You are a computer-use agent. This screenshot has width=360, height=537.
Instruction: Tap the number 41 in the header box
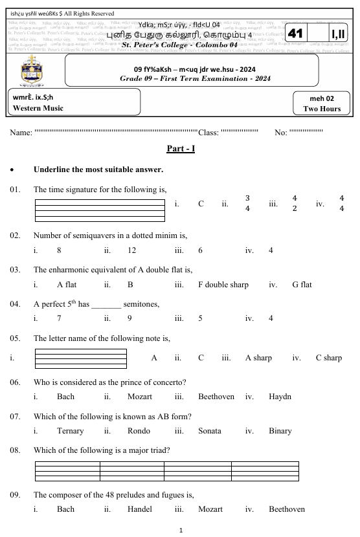coord(296,33)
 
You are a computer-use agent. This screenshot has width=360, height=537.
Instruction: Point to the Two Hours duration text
coord(322,109)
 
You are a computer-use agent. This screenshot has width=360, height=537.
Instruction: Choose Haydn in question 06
coord(280,396)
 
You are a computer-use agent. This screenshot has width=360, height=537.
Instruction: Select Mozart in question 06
coord(140,396)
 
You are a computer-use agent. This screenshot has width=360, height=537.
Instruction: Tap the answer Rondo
coord(139,430)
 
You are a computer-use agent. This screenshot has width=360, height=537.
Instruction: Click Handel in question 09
coord(141,509)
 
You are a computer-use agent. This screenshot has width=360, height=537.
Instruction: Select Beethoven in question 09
coord(287,509)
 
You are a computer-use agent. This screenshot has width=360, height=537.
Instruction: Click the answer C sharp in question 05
coord(328,357)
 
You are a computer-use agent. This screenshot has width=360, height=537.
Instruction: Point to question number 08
coord(16,448)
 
